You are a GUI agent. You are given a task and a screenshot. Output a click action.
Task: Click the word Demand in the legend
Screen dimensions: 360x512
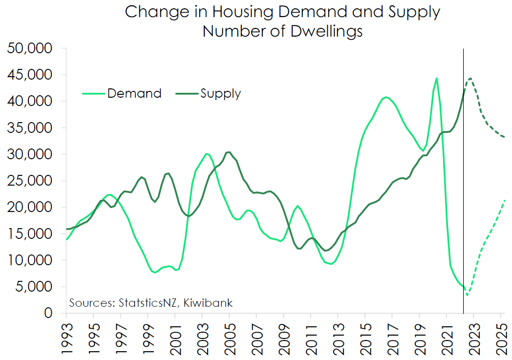tap(134, 93)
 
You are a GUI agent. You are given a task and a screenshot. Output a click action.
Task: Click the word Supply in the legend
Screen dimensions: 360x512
tap(220, 93)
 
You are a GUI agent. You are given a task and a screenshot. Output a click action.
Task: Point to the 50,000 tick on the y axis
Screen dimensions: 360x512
tap(30, 48)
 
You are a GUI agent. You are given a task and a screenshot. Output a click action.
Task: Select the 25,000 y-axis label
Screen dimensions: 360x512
tap(30, 181)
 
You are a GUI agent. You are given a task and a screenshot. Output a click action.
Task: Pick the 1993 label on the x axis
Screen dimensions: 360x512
tap(66, 338)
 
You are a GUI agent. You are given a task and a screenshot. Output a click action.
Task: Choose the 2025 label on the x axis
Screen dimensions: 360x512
tap(501, 338)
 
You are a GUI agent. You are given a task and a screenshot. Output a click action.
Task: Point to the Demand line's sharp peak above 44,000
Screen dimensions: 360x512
tap(436, 78)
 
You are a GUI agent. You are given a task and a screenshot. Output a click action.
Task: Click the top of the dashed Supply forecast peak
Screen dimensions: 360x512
tap(470, 78)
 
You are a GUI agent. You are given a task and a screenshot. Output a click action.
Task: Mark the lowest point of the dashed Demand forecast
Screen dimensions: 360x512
tap(468, 295)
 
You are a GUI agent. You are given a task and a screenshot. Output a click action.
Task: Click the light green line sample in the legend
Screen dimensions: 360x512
tap(92, 93)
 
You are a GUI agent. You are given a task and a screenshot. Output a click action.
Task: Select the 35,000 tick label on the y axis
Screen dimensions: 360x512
tap(30, 128)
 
